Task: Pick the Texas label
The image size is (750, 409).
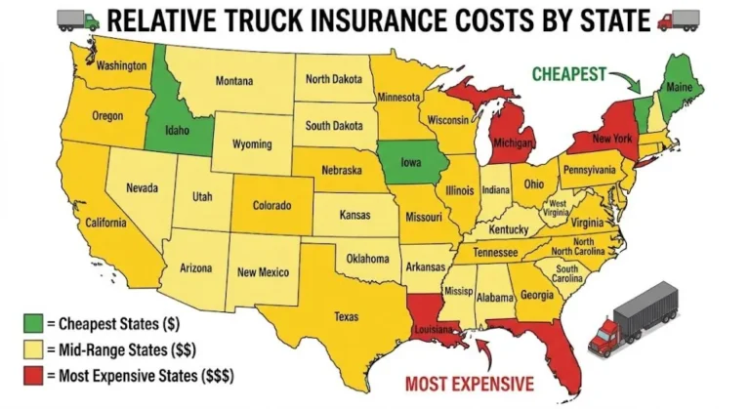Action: pyautogui.click(x=346, y=316)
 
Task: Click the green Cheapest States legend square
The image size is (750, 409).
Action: pyautogui.click(x=34, y=323)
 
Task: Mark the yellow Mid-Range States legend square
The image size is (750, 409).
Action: pyautogui.click(x=34, y=348)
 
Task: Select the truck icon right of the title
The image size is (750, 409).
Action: pyautogui.click(x=676, y=20)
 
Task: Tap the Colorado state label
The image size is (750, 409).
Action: pyautogui.click(x=272, y=206)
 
